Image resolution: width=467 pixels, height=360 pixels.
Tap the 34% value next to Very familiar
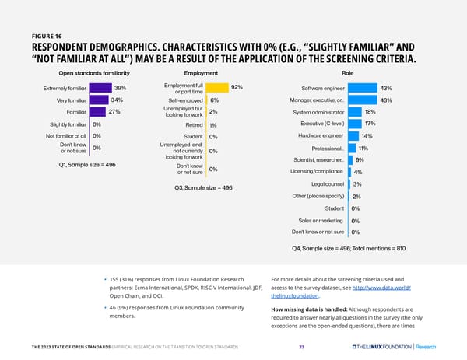(118, 100)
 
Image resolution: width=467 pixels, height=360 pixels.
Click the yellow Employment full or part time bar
(217, 88)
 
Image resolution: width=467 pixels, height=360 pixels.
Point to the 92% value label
(237, 87)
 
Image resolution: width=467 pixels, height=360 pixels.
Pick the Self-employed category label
(186, 100)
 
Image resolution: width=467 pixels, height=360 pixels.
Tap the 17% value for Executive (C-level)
(370, 124)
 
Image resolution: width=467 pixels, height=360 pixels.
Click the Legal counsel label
(327, 183)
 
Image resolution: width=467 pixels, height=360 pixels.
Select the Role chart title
(347, 72)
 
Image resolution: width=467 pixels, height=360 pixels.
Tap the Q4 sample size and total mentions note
(343, 249)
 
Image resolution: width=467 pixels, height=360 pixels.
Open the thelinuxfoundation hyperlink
(294, 296)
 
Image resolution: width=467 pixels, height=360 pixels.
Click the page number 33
(302, 347)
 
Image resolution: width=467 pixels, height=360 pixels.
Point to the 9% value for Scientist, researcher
(360, 160)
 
